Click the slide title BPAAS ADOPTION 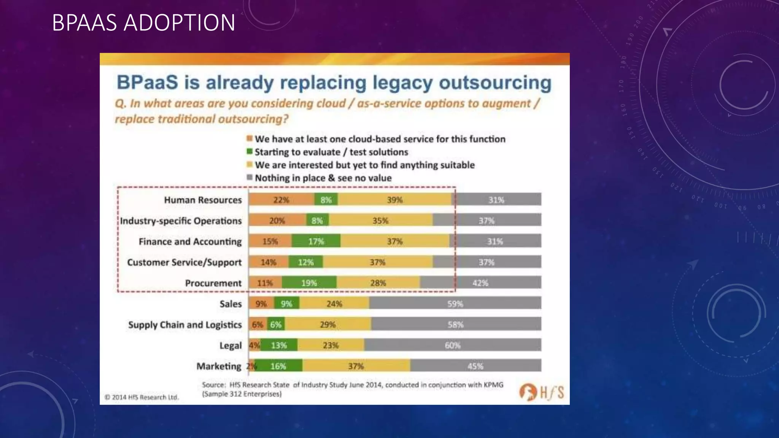tap(143, 22)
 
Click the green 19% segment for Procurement tap(309, 283)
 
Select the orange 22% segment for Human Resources tap(281, 200)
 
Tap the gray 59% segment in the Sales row tap(455, 304)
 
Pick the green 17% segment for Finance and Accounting tap(316, 241)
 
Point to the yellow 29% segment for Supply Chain tap(328, 325)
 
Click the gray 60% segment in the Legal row tap(453, 345)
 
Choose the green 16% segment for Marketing tap(278, 366)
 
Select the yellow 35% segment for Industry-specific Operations tap(380, 221)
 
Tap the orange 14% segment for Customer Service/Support tap(269, 262)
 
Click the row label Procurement tap(213, 283)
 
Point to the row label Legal tap(231, 346)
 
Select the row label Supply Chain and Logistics tap(185, 325)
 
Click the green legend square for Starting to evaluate tap(250, 152)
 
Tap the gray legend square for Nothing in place tap(250, 178)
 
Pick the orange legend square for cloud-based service tap(250, 138)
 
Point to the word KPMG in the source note tap(493, 385)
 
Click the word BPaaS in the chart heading tap(147, 83)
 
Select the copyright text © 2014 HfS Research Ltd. tap(141, 397)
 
